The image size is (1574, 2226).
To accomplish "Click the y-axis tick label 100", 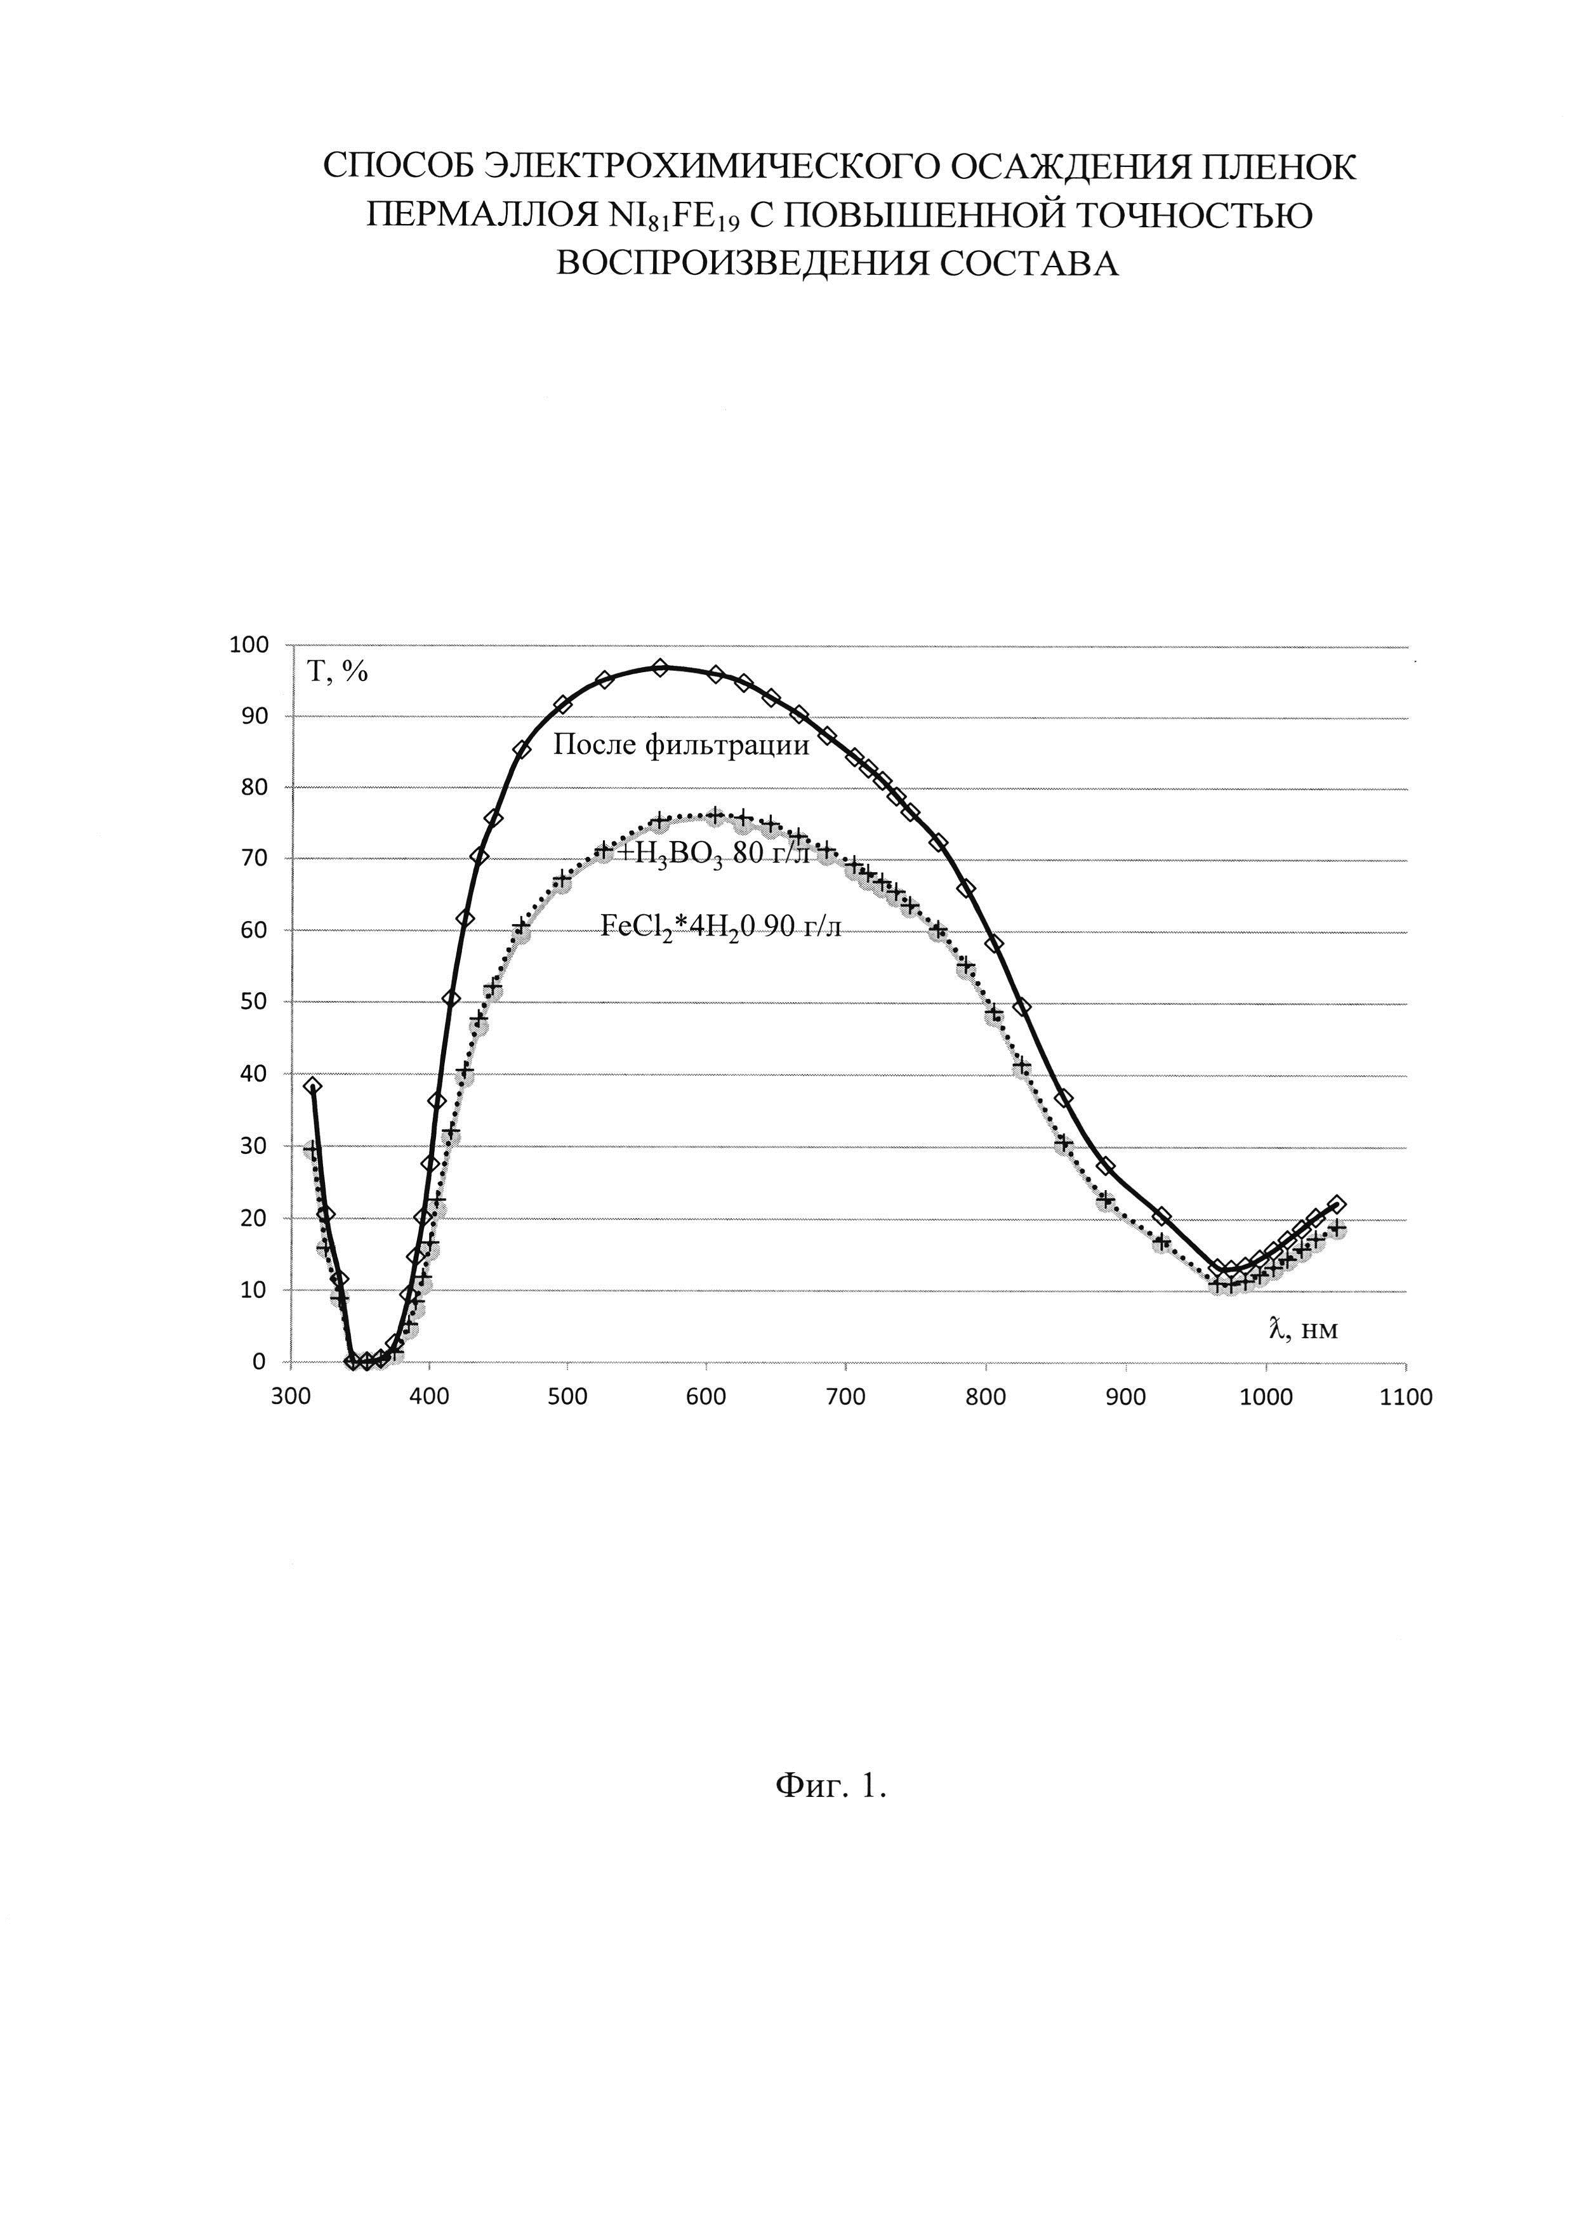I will (247, 645).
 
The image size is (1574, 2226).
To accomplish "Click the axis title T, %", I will (337, 671).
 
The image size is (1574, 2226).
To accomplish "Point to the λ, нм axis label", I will (1304, 1329).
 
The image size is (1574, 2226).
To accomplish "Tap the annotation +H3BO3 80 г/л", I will (714, 854).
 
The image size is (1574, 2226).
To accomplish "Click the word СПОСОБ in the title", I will (397, 167).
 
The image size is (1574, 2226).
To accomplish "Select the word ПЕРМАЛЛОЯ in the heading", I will (482, 215).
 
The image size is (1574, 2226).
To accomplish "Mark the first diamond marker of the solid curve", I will (312, 1086).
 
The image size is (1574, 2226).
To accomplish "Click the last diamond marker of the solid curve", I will (1337, 1204).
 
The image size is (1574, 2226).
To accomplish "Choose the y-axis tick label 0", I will (259, 1362).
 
